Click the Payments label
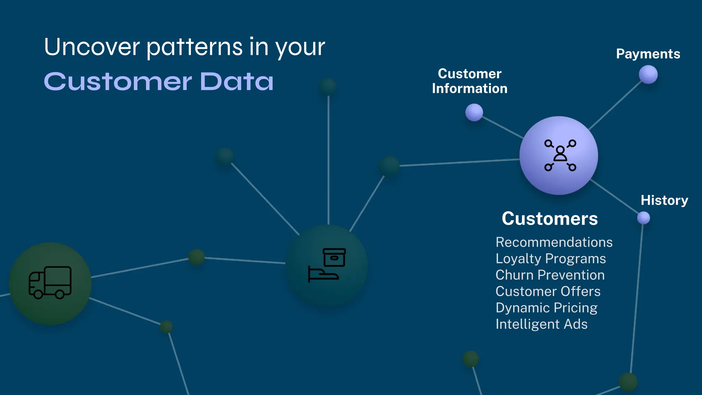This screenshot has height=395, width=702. coord(648,54)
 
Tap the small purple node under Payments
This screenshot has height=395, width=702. coord(648,74)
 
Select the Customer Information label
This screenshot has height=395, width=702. coord(470,81)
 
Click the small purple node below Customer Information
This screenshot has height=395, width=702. coord(474,112)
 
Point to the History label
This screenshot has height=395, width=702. coord(664,200)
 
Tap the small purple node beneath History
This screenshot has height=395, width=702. coord(643,218)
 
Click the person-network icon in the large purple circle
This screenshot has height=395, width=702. coord(560,155)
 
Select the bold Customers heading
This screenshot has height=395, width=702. coord(549,219)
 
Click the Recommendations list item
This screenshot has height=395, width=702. coord(554,242)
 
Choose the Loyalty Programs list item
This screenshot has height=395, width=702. coord(550,259)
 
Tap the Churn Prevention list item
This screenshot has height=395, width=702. coord(550,275)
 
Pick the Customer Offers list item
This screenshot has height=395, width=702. coord(548,291)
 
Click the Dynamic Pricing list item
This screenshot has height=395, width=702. coord(546,308)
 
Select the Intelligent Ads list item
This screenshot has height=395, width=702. coord(541,324)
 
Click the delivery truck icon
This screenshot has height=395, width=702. coord(50,283)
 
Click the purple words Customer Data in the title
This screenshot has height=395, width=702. coord(159,82)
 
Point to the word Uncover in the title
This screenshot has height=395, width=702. coord(92,47)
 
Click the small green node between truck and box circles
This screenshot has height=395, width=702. coord(196,257)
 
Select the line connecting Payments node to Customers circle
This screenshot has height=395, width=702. coord(615,105)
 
